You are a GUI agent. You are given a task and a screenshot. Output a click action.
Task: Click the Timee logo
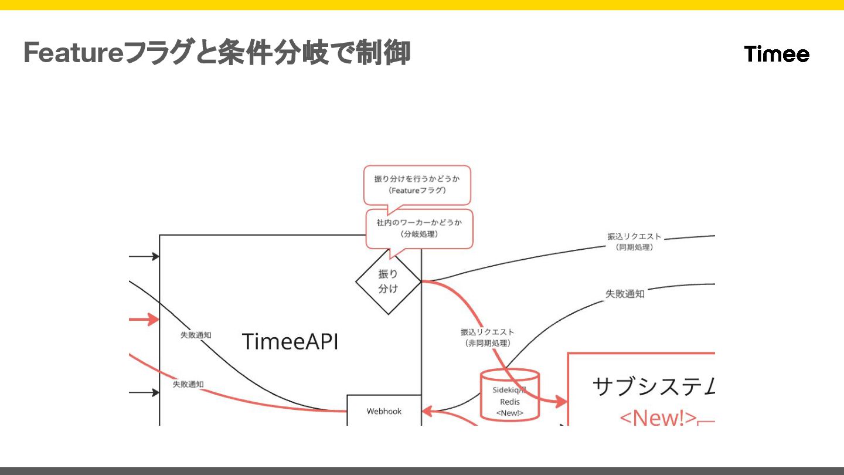[777, 54]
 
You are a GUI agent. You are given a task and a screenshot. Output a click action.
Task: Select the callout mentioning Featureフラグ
[417, 184]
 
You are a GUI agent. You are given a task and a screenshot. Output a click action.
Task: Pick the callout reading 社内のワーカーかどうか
[419, 228]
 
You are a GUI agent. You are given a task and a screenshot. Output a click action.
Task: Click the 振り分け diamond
[388, 281]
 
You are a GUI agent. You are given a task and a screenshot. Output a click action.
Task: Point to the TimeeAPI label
[290, 341]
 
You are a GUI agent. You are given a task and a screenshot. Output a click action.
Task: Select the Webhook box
[384, 411]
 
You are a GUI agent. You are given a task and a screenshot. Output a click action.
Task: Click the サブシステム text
[654, 386]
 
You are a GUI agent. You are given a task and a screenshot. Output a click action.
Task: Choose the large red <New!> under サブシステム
[658, 418]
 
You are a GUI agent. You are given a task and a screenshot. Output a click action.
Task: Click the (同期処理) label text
[634, 247]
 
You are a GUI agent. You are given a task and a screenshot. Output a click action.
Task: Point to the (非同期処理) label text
[488, 343]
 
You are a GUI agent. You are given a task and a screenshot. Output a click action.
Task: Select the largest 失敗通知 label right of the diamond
[625, 294]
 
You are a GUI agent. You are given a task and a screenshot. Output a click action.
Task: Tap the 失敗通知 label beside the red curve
[188, 385]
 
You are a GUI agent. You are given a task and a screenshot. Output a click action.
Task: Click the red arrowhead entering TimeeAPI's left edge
[154, 320]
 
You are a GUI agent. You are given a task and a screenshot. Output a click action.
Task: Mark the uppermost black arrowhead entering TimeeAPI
[155, 256]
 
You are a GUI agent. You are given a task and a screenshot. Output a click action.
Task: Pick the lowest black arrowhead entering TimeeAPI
[155, 392]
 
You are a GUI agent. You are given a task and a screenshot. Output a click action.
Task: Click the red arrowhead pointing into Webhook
[427, 411]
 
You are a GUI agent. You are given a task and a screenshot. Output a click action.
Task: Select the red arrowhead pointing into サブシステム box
[561, 402]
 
